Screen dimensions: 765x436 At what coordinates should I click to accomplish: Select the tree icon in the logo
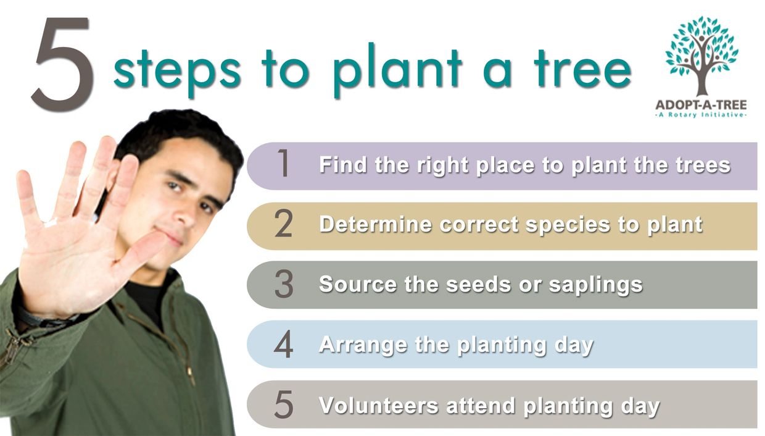click(702, 56)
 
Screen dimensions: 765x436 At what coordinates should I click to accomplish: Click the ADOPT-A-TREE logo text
click(701, 105)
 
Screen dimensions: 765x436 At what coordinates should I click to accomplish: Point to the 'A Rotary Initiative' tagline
click(701, 115)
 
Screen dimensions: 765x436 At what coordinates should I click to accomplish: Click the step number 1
click(283, 163)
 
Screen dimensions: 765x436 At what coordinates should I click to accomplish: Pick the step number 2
click(283, 224)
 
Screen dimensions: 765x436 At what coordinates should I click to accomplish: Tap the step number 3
click(284, 283)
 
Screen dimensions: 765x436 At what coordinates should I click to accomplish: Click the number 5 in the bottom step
click(284, 404)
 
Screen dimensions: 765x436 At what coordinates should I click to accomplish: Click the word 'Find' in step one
click(343, 164)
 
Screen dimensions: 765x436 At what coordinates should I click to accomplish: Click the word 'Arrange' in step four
click(363, 345)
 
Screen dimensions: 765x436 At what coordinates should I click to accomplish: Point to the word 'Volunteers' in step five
click(379, 406)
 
